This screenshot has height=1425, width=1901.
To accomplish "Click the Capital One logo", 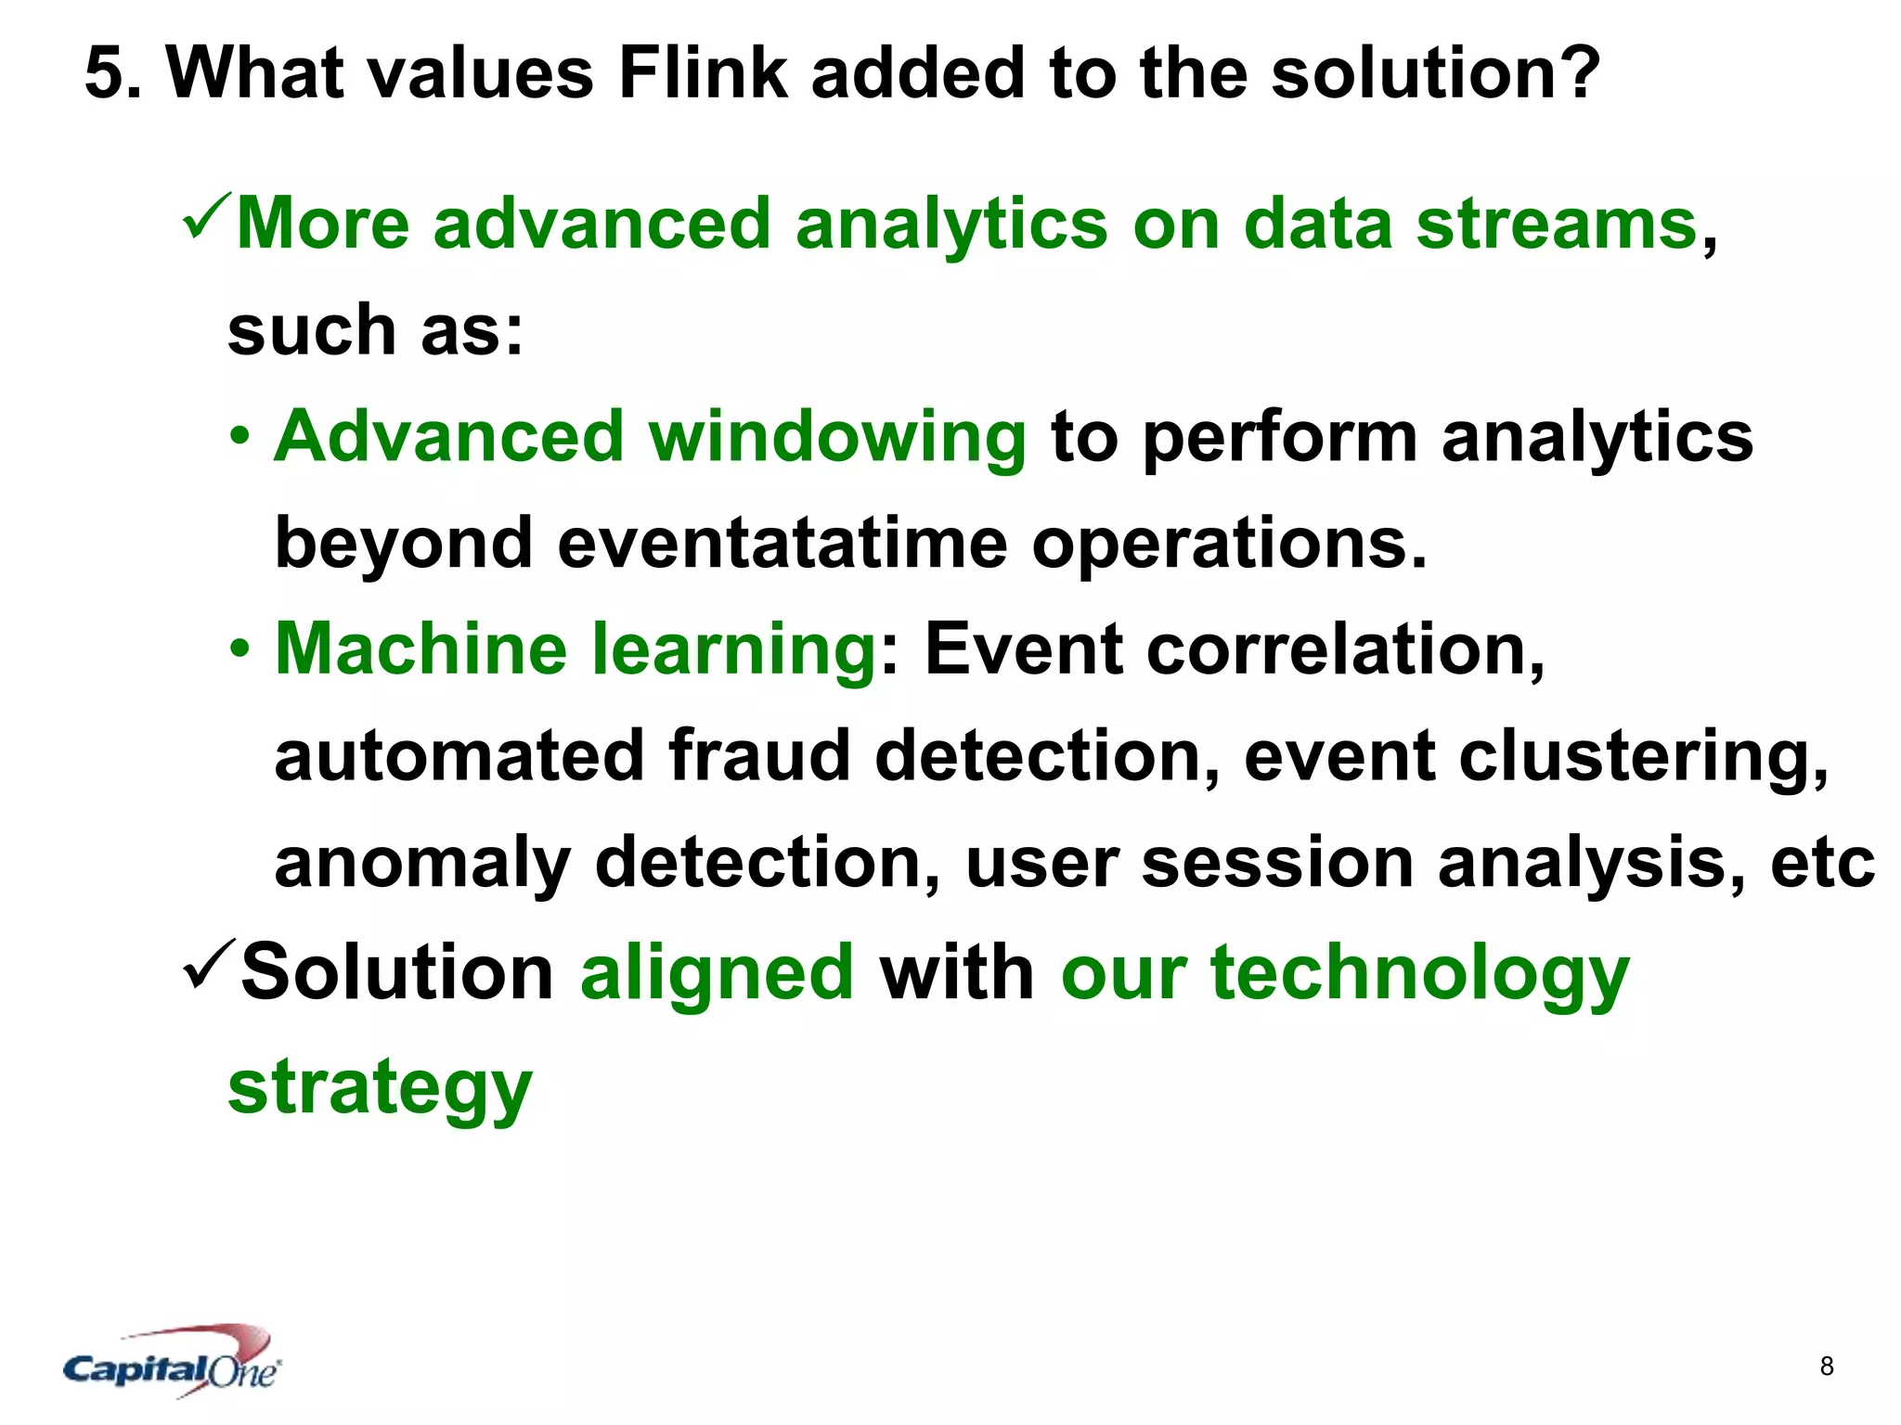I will [173, 1362].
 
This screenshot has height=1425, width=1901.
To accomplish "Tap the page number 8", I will [1827, 1366].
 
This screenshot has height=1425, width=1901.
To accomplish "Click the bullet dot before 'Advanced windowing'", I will [240, 436].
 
